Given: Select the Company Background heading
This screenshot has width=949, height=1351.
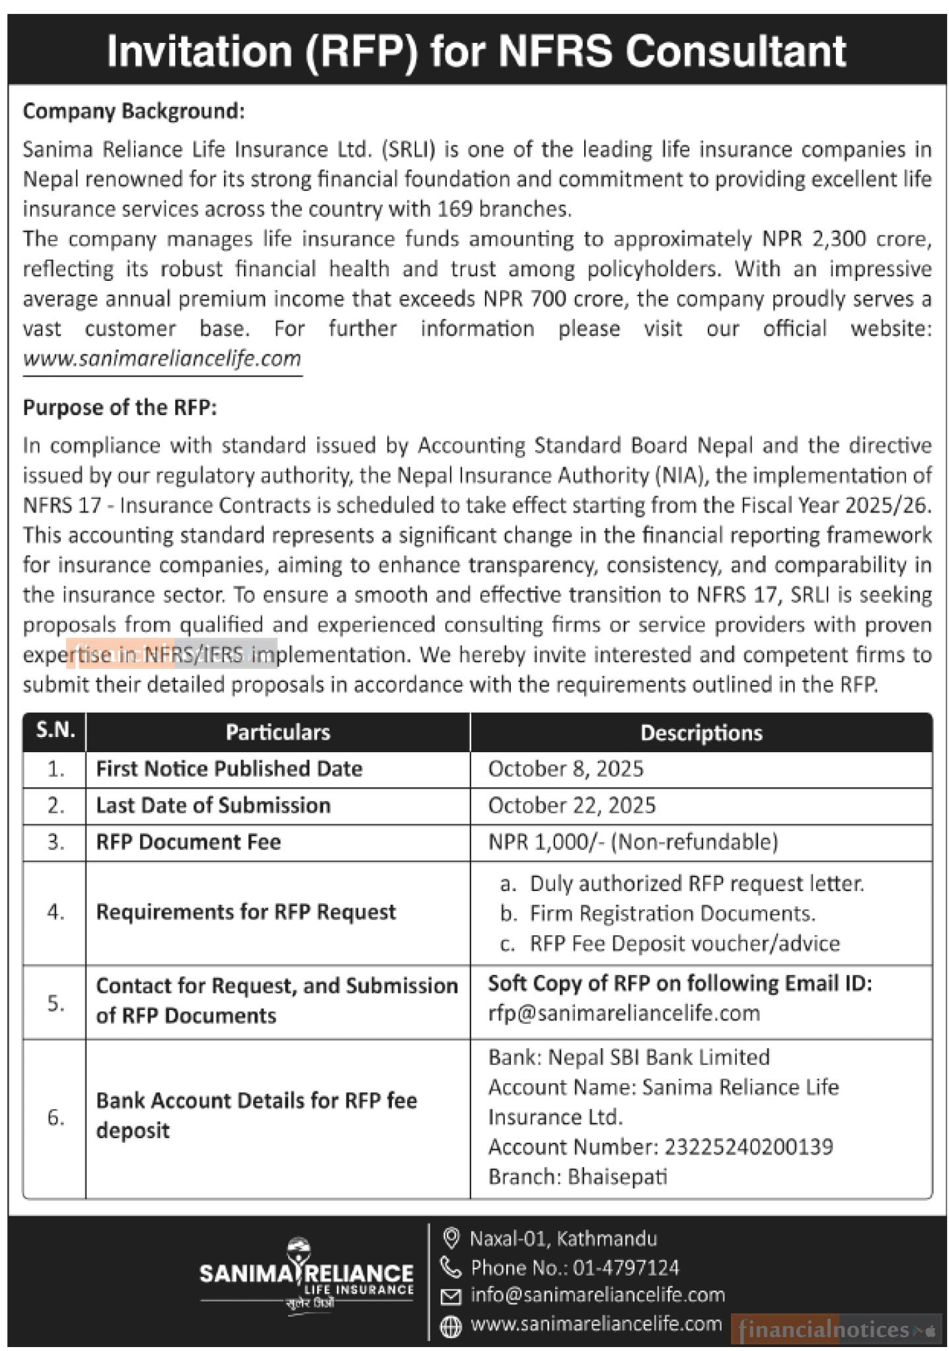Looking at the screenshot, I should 133,111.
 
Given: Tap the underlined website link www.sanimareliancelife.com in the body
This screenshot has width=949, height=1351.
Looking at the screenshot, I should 162,359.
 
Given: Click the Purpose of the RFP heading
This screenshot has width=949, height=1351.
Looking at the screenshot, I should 120,408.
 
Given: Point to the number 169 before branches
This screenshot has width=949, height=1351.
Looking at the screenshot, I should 455,210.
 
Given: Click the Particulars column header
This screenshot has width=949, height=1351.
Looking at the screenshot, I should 278,732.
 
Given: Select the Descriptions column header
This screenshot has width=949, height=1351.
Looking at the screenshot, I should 701,732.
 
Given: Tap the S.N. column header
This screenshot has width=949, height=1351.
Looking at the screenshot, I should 55,730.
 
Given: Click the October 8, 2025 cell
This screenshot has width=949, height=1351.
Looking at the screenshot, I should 566,769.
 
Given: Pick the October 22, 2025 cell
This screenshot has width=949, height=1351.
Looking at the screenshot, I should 572,805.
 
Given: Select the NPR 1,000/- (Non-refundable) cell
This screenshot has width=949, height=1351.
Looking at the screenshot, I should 632,841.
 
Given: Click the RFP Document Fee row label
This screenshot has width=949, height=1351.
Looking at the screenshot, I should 188,842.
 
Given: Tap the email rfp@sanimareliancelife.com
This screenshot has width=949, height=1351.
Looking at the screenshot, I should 624,1013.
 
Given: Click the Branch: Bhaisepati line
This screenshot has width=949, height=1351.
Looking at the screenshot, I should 578,1177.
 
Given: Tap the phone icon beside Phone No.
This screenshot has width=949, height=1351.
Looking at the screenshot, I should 450,1267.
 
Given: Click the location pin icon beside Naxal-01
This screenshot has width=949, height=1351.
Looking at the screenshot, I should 451,1237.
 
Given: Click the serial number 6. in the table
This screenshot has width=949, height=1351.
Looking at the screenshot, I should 56,1117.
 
